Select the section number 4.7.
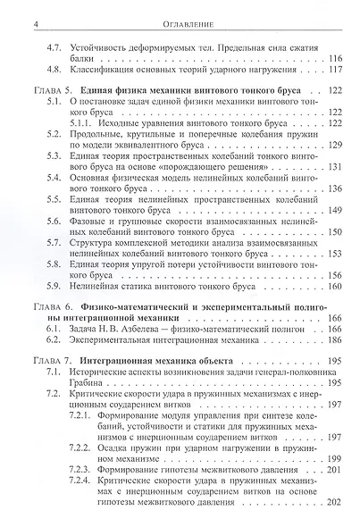(x=54, y=44)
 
